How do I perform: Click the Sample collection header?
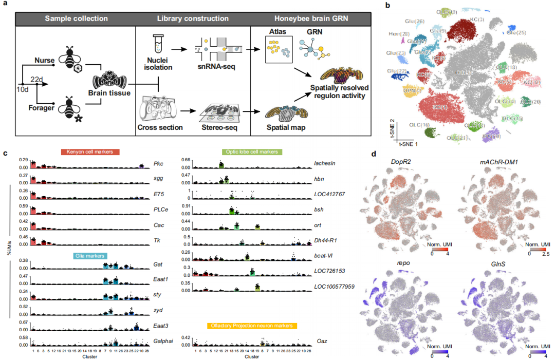point(76,18)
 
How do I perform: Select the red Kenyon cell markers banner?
point(90,152)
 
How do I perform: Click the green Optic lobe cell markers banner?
point(250,152)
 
